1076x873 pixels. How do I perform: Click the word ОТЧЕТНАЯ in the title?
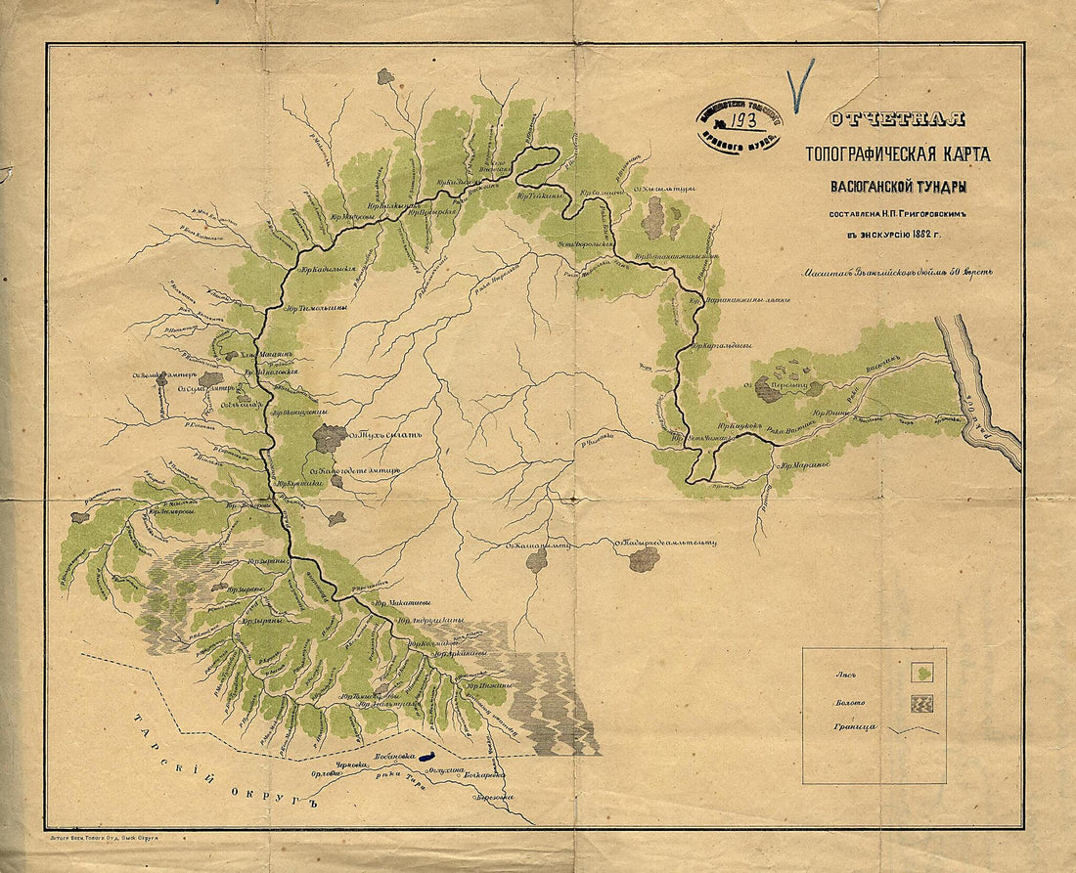tap(896, 120)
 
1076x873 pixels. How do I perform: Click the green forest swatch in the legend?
tap(921, 673)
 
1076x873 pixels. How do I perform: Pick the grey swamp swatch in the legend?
tap(921, 702)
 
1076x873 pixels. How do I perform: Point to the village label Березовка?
tap(495, 798)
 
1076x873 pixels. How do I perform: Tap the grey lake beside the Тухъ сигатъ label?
tap(330, 439)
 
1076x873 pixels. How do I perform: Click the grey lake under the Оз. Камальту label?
tap(536, 560)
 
